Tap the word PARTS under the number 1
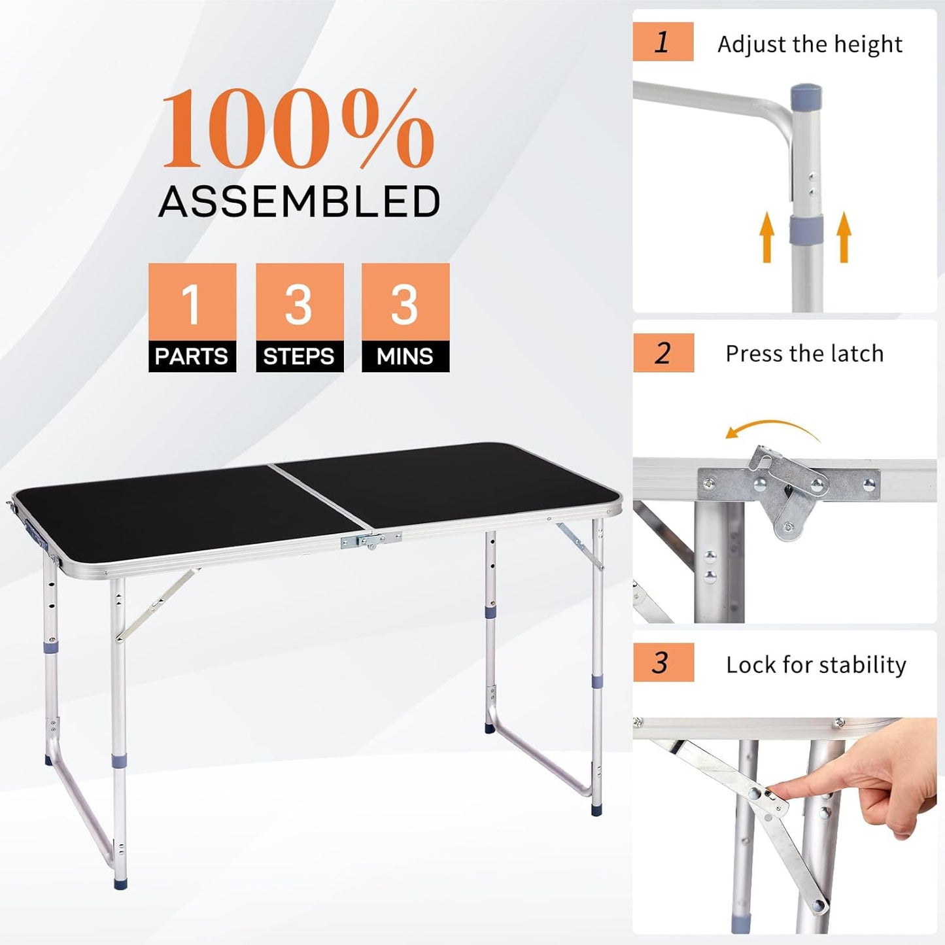click(x=192, y=356)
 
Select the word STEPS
click(x=299, y=356)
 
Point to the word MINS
click(x=405, y=356)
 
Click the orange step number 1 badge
click(x=662, y=42)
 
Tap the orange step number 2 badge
click(x=663, y=353)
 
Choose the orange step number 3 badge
click(x=662, y=663)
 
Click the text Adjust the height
click(x=810, y=44)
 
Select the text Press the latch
click(x=804, y=354)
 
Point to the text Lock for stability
click(x=816, y=664)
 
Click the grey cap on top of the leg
click(x=806, y=95)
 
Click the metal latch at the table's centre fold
click(x=370, y=540)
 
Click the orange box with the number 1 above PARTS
click(x=192, y=302)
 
